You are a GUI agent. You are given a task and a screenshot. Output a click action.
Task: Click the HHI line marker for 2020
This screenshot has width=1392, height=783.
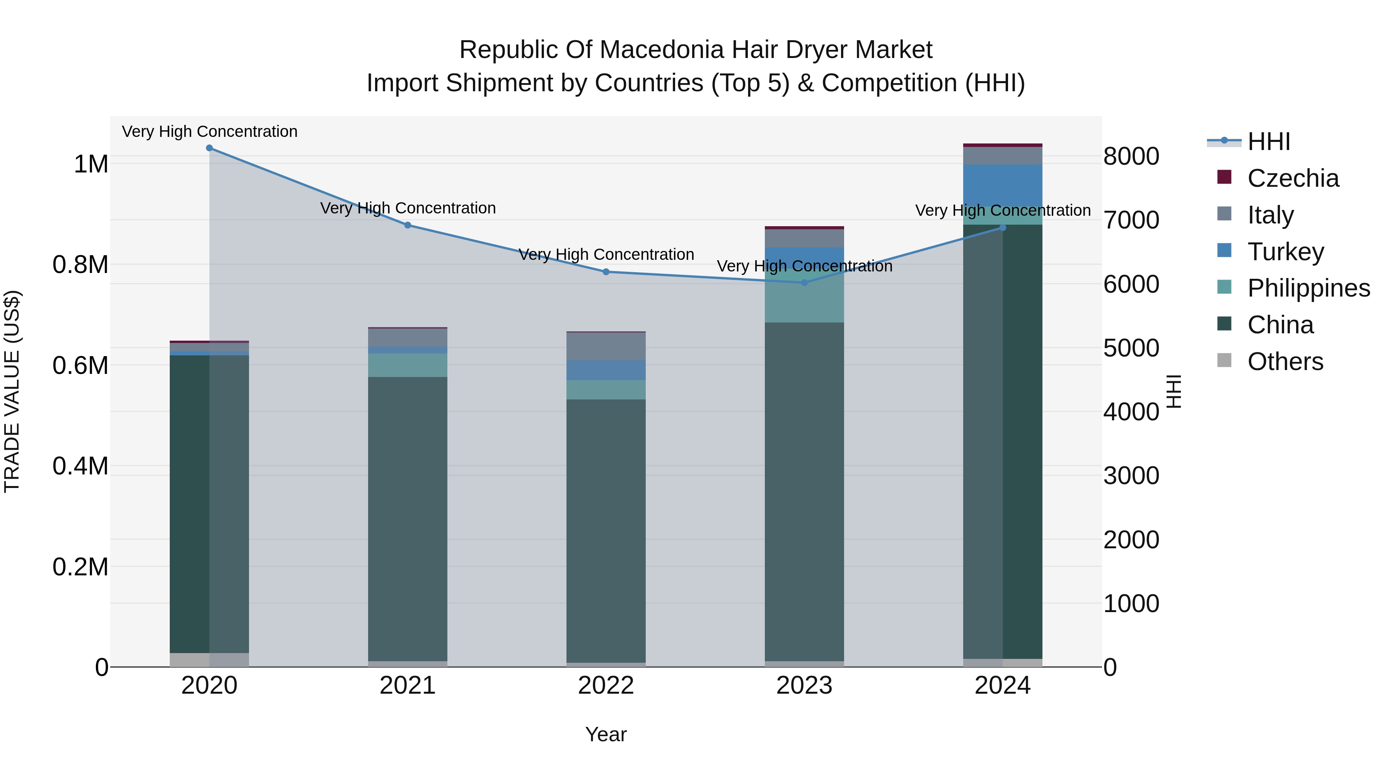point(209,148)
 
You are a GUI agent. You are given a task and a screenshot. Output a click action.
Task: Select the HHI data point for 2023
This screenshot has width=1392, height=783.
point(804,283)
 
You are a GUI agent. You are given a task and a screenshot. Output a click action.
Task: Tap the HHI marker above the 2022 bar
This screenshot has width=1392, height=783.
point(606,272)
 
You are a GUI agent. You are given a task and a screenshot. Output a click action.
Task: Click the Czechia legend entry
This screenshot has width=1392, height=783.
point(1293,178)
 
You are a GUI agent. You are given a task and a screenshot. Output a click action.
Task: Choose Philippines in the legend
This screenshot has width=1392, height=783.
point(1308,288)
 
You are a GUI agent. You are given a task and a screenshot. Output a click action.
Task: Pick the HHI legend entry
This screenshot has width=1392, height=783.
point(1268,142)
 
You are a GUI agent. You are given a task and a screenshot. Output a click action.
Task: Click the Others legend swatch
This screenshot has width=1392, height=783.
point(1224,360)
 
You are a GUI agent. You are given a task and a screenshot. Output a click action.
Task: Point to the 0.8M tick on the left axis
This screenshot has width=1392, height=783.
point(80,265)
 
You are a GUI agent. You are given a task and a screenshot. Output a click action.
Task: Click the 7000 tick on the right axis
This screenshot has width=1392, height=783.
point(1131,220)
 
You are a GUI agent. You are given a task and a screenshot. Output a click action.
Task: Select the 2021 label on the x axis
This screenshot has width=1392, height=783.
point(408,686)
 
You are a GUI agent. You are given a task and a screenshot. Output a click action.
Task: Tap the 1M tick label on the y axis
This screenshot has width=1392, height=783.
point(91,164)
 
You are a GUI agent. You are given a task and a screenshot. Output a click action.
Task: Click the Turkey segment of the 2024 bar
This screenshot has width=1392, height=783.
point(1002,185)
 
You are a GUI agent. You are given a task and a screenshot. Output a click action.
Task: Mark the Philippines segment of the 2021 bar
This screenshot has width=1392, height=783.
point(408,365)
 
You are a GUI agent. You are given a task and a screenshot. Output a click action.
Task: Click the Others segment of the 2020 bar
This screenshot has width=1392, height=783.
point(209,659)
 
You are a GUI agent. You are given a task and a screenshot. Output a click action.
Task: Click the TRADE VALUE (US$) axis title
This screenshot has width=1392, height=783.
point(12,391)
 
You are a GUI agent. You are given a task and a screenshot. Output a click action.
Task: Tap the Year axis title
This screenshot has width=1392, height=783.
point(606,734)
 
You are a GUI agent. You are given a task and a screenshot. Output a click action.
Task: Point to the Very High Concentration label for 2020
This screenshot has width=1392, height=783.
point(210,131)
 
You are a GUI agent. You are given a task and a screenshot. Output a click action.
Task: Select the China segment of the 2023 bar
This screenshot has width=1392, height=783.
point(804,492)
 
